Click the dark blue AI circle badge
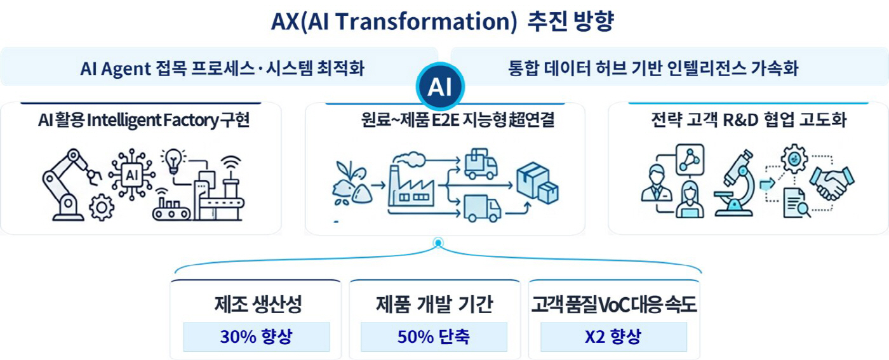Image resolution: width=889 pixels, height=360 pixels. [440, 86]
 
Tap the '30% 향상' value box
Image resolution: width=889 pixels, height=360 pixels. [257, 337]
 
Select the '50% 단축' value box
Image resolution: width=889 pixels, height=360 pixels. [434, 337]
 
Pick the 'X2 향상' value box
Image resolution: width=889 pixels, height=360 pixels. [613, 337]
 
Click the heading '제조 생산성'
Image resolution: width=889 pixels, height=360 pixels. [258, 304]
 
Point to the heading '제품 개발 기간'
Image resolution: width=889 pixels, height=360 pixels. [434, 304]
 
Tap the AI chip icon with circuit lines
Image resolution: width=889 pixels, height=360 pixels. [132, 175]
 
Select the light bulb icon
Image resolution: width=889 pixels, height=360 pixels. [173, 161]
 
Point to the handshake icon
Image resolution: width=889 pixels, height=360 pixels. [831, 183]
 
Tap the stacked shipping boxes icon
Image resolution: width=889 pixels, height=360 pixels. [537, 183]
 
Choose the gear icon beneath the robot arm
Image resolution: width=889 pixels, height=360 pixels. [102, 207]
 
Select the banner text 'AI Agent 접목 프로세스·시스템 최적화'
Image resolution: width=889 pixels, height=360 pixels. [222, 69]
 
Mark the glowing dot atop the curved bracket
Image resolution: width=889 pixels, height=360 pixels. [438, 243]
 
